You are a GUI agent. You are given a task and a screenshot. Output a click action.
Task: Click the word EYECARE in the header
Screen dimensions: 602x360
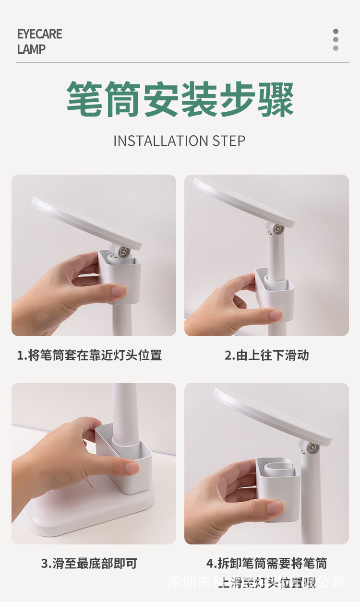39,34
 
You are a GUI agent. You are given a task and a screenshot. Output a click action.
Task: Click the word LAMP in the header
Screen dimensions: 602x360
31,49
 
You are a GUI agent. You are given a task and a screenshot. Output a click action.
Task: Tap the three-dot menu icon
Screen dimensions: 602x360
336,40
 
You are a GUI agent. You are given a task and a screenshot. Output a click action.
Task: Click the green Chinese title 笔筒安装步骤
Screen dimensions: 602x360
180,99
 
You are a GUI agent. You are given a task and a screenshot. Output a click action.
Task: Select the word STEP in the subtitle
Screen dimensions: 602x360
228,141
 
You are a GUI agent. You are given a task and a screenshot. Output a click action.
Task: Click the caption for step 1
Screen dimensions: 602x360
89,355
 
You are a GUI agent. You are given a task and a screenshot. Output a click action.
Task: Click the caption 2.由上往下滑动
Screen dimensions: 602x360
266,355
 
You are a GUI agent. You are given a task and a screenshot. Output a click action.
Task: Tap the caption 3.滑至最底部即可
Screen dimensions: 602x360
89,563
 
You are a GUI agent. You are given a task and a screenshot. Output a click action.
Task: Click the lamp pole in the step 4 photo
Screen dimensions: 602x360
312,499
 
